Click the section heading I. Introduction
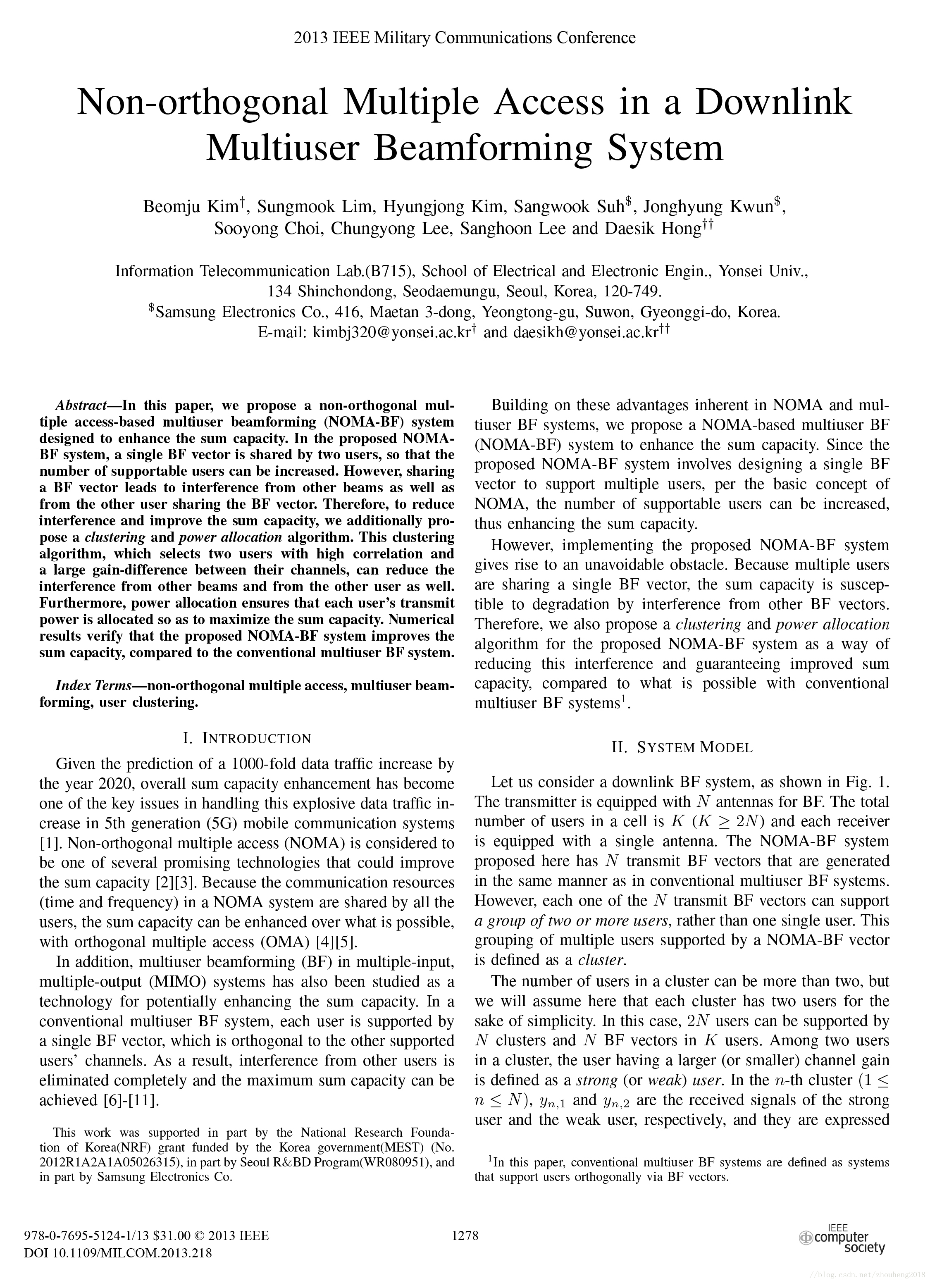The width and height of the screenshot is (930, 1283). coord(247,739)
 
